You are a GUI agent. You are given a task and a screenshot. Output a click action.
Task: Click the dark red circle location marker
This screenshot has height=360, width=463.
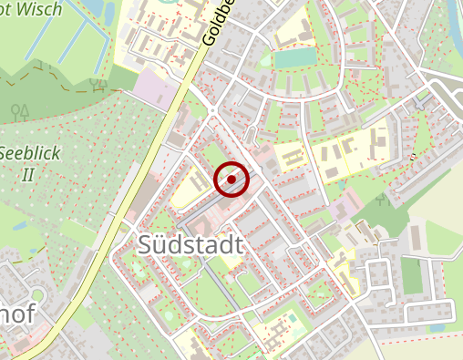[232, 180]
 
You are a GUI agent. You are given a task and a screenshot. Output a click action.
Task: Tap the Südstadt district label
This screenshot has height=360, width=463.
[192, 244]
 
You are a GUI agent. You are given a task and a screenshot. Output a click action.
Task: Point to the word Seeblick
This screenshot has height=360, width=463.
[30, 153]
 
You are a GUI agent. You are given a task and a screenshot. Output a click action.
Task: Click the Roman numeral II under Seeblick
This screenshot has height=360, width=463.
[27, 173]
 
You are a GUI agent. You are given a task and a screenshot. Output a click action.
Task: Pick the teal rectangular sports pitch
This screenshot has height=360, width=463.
[293, 58]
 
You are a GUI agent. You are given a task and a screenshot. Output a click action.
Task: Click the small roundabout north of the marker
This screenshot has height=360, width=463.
[212, 111]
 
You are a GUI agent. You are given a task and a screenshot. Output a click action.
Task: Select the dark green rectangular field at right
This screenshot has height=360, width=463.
[413, 275]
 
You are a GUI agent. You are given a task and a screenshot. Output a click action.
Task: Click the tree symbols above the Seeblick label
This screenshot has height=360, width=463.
[19, 111]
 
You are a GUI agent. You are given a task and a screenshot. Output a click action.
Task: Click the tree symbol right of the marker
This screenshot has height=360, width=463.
[381, 196]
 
